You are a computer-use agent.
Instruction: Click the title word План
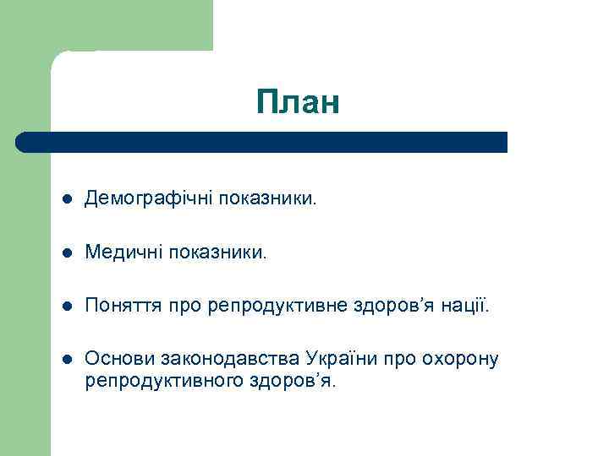click(299, 102)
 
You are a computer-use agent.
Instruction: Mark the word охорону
click(461, 359)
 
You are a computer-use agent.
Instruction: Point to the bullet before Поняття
click(67, 306)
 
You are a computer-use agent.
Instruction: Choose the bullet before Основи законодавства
click(67, 360)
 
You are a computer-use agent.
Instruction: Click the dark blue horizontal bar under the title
click(262, 142)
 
